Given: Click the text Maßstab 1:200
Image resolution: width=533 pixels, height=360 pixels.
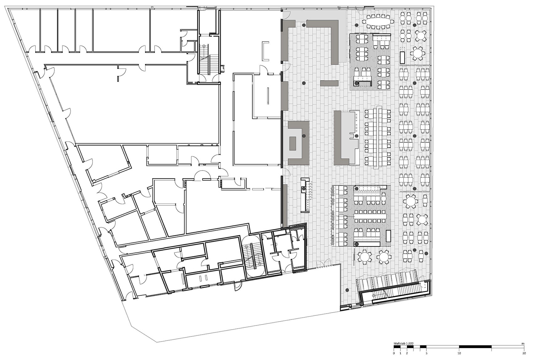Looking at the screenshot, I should pos(404,344).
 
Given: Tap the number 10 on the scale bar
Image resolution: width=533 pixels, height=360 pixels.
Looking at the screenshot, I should pos(459,353).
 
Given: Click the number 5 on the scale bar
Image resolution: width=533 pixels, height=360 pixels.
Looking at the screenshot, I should pos(427,353).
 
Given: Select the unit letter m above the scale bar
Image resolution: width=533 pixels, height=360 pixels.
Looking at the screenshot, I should pos(523,344).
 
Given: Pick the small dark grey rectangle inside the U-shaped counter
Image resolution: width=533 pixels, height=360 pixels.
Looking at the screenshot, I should pos(293,144).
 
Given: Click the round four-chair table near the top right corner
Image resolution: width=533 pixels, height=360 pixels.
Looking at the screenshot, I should pos(420,35).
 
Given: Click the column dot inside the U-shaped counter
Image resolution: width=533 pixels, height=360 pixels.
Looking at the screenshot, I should pos(303,136).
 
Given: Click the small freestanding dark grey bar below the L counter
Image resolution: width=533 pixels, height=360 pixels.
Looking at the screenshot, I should pos(329,83).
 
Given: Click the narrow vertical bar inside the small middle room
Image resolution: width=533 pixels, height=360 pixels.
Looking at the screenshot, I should pos(268,96).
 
